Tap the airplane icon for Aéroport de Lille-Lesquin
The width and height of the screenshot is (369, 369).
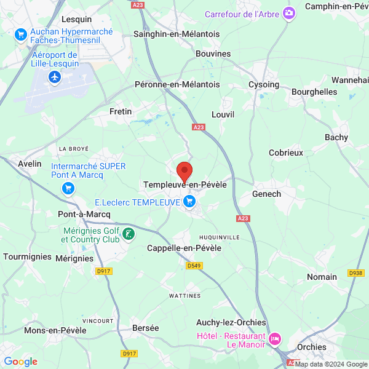click(x=55, y=77)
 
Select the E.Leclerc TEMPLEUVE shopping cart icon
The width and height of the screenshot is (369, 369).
click(x=189, y=200)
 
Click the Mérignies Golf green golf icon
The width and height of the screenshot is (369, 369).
click(x=128, y=233)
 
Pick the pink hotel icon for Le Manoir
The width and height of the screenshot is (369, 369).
click(x=274, y=338)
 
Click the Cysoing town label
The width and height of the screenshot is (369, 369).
click(x=264, y=84)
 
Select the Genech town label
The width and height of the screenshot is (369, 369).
click(x=267, y=194)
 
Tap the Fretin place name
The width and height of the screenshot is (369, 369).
click(x=121, y=111)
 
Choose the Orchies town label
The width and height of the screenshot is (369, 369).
click(x=311, y=347)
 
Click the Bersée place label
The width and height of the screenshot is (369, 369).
click(x=145, y=328)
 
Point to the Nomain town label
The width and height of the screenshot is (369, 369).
click(x=322, y=277)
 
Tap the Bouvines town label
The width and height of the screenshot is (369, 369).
click(x=213, y=54)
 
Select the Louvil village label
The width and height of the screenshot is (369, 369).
click(x=223, y=114)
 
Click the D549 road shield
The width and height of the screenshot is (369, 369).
click(x=194, y=266)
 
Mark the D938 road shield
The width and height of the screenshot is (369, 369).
click(x=355, y=273)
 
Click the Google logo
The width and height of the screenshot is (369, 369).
click(x=20, y=362)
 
